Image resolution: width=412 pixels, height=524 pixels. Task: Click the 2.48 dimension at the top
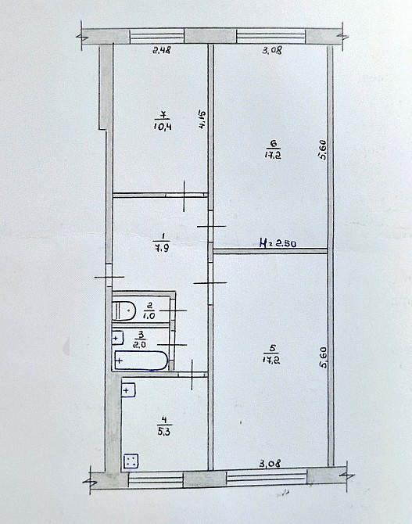162,51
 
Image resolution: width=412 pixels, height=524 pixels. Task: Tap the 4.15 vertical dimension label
202,120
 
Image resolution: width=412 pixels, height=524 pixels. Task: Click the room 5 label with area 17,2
272,354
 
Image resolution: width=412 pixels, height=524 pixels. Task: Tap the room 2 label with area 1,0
149,310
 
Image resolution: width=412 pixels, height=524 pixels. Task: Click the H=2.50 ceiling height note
278,243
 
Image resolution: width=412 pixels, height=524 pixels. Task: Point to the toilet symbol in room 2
124,310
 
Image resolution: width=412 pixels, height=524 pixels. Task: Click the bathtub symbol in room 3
141,361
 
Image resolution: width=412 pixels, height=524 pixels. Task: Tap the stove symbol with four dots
132,462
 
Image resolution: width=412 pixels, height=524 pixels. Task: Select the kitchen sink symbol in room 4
129,390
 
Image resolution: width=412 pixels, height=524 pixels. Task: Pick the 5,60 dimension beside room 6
322,150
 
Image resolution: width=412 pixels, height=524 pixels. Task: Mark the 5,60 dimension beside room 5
324,357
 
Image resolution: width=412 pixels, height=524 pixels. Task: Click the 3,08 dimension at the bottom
270,464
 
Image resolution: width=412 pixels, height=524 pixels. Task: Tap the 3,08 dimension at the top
271,51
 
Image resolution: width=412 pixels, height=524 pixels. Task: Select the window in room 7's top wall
156,36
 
